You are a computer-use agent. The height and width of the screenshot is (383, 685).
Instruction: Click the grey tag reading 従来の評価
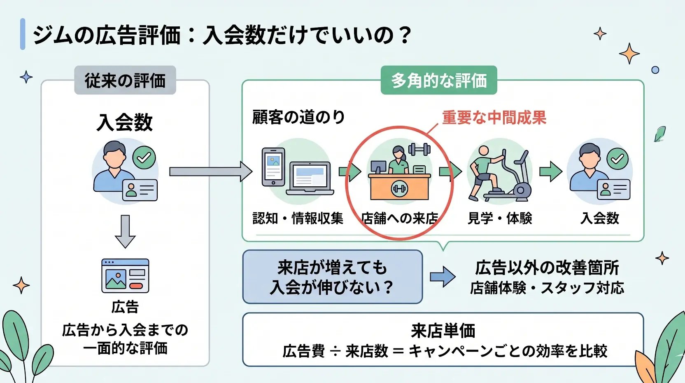click(x=125, y=80)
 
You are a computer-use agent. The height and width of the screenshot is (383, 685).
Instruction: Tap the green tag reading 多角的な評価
click(x=439, y=80)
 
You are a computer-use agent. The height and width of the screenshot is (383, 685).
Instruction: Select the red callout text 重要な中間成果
click(x=494, y=117)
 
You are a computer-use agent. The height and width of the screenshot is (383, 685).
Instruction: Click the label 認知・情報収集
click(x=298, y=218)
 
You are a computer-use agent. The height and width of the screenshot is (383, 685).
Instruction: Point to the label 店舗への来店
click(x=400, y=218)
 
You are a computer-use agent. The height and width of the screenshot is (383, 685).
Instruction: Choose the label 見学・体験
click(x=500, y=218)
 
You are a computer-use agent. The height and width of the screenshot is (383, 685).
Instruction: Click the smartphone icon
click(x=273, y=167)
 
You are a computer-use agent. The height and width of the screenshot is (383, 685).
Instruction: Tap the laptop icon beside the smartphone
click(x=310, y=178)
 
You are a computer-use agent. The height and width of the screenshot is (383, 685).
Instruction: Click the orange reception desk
click(x=399, y=186)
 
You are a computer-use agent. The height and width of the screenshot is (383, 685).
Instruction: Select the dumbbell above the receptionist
click(x=419, y=149)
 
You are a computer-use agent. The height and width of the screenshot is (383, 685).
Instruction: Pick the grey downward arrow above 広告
click(x=125, y=231)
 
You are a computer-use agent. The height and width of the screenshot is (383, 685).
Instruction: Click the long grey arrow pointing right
click(x=211, y=172)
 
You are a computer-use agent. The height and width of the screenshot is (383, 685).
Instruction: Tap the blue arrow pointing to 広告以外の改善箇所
click(x=443, y=277)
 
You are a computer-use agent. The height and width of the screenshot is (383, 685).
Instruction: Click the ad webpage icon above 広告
click(x=125, y=275)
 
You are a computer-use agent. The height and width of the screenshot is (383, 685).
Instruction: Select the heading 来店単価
click(x=443, y=331)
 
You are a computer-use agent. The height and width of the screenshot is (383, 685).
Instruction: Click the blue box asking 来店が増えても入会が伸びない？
click(x=333, y=277)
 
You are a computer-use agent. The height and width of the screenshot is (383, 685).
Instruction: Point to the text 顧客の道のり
click(x=298, y=117)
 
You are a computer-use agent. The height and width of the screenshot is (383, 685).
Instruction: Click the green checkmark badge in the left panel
click(x=144, y=157)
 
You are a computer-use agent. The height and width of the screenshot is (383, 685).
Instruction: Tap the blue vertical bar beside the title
click(x=23, y=34)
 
